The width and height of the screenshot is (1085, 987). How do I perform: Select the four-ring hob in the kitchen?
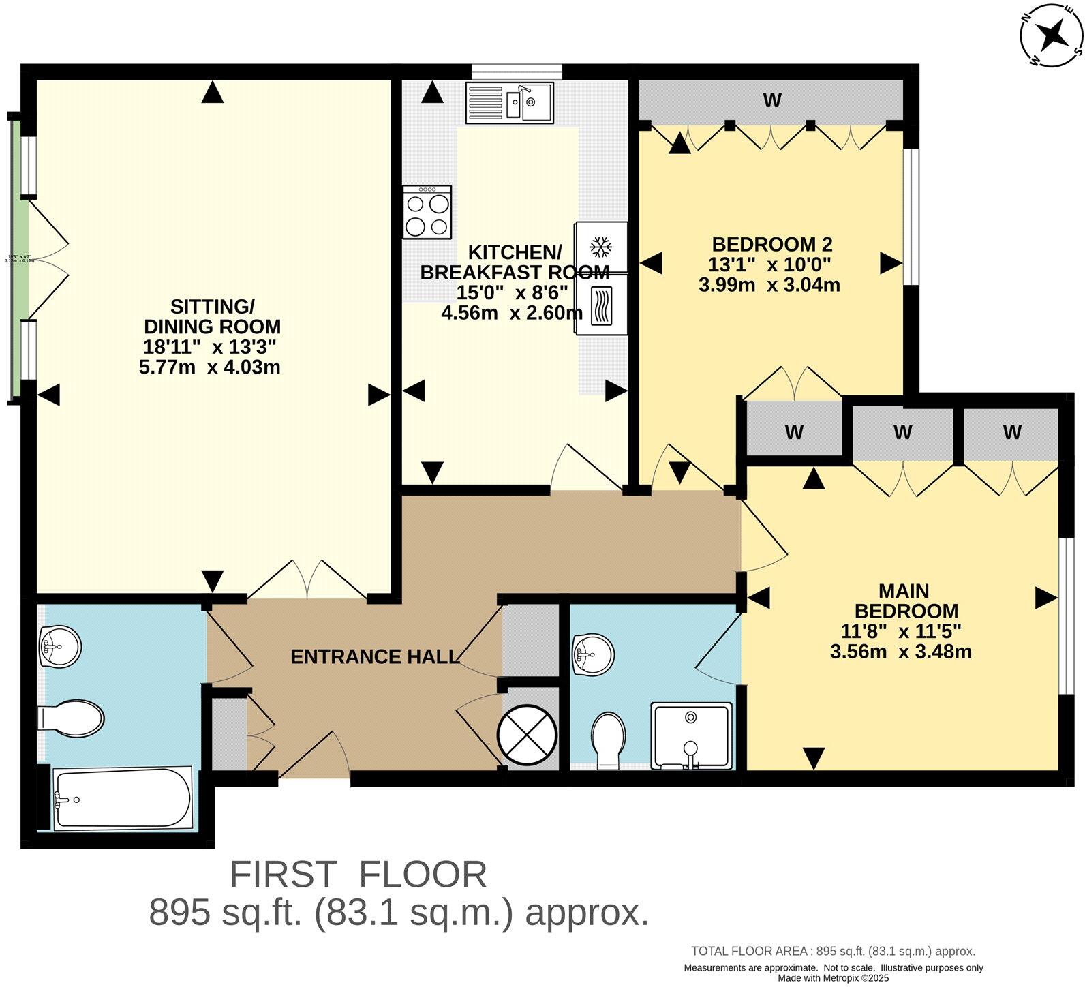tap(427, 212)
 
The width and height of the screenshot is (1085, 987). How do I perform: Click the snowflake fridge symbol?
tap(600, 246)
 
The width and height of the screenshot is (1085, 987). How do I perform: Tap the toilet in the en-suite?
tap(608, 740)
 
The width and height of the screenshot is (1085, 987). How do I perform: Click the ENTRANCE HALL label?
tap(374, 656)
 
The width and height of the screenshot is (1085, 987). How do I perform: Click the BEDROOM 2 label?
tap(772, 244)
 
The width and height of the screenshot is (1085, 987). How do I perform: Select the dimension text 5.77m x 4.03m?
tap(209, 367)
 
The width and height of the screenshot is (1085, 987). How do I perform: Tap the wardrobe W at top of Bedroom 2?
tap(771, 101)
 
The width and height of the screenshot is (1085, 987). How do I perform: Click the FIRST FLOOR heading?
tap(358, 875)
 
